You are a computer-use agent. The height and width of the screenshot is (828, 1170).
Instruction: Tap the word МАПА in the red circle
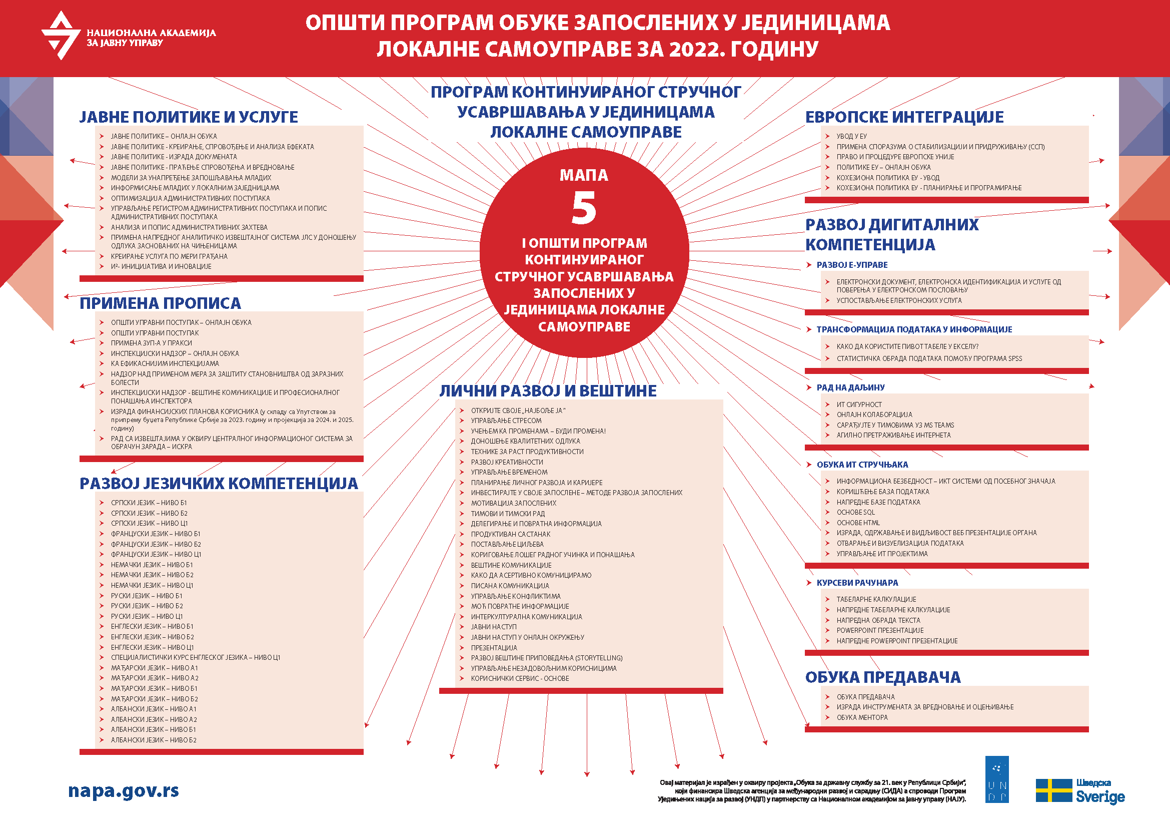[584, 175]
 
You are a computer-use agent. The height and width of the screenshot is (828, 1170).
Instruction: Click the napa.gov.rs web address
[124, 791]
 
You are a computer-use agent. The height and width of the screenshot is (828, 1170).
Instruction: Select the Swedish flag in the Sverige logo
[1054, 790]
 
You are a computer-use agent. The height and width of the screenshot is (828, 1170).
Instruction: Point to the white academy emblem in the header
[61, 35]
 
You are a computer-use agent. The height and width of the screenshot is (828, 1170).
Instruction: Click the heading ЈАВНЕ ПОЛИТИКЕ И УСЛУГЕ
[189, 117]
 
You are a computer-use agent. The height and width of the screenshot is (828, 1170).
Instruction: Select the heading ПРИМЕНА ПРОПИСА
[160, 303]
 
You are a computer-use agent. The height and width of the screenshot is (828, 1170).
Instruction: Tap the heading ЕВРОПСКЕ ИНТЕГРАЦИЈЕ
[904, 117]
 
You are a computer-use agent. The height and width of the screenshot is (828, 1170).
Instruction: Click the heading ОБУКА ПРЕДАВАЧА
[882, 677]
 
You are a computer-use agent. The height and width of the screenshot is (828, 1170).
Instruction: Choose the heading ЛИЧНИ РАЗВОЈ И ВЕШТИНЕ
[548, 390]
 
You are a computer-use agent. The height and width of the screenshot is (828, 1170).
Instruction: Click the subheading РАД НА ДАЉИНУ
[850, 387]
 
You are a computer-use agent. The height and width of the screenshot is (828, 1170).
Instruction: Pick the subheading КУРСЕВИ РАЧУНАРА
[857, 583]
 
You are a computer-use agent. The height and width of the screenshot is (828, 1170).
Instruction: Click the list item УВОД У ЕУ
[851, 136]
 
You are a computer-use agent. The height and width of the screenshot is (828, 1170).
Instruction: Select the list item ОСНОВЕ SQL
[855, 513]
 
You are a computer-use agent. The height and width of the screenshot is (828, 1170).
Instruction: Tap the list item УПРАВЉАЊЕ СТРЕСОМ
[506, 421]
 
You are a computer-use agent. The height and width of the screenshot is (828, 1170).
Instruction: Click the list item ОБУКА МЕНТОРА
[862, 717]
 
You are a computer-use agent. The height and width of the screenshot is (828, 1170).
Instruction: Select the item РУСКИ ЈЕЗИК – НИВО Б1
[147, 596]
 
